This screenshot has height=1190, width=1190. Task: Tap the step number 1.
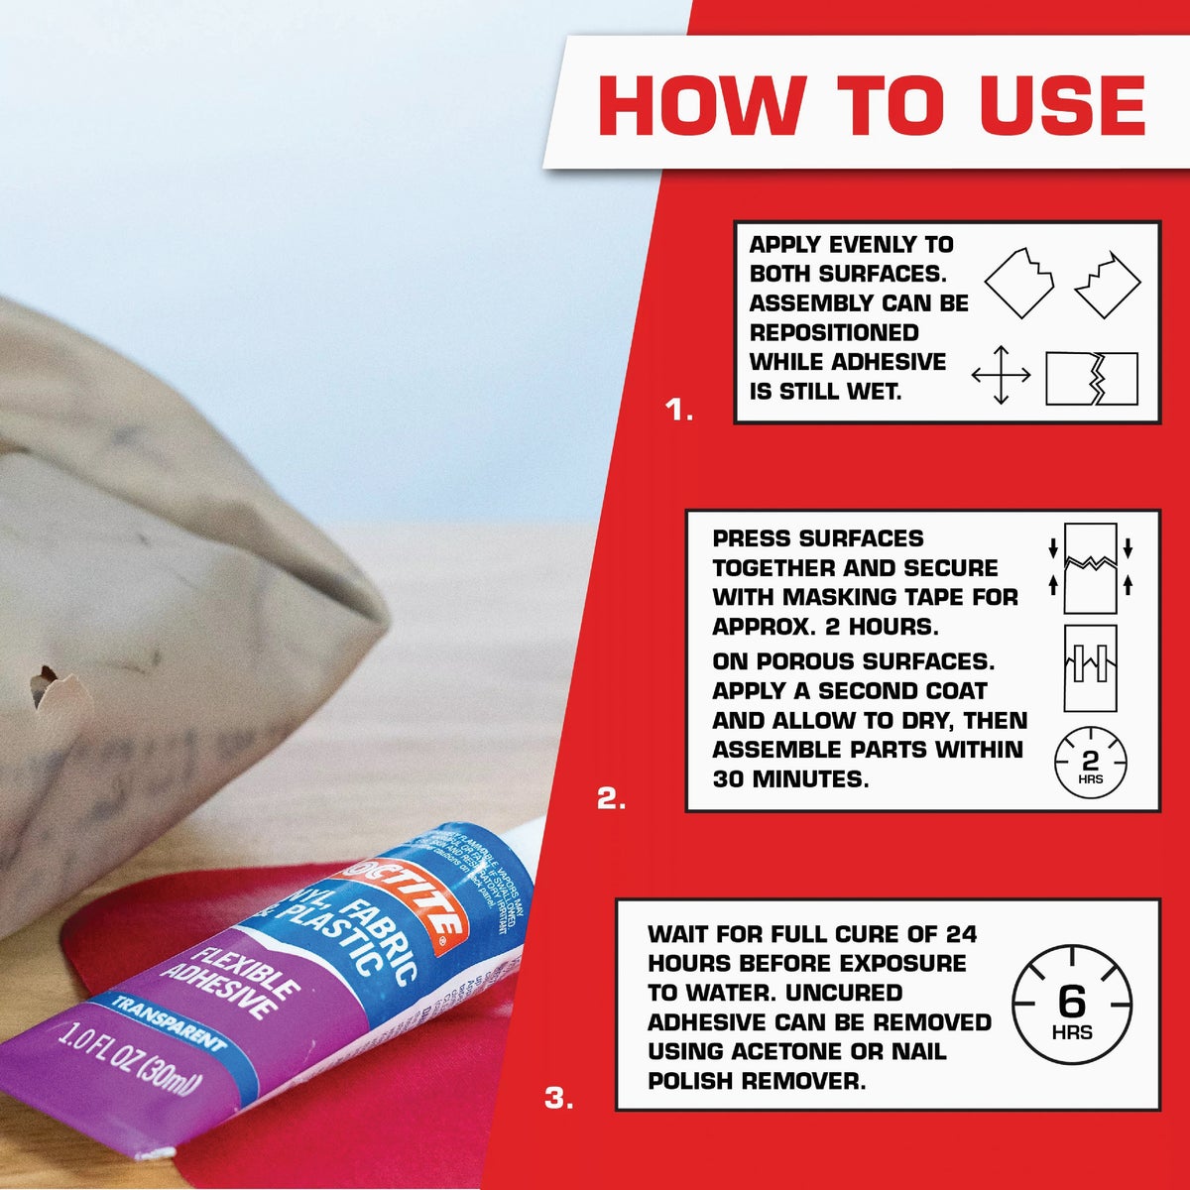pos(679,410)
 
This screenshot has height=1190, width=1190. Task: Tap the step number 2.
pos(611,798)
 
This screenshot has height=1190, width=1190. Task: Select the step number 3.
pos(559,1098)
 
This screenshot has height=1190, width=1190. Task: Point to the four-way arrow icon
pos(1001,376)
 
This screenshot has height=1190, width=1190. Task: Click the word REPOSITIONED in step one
pos(834,332)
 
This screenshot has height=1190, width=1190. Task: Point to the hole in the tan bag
pos(45,684)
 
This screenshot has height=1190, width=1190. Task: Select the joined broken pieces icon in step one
pos(1091,378)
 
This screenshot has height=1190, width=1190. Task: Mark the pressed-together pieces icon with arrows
pos(1090,568)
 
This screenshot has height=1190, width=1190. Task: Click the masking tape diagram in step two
pos(1090,667)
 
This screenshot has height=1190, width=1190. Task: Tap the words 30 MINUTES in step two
pos(789,779)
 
